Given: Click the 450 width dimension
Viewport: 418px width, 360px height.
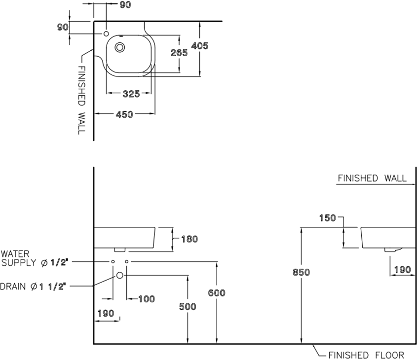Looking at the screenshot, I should pyautogui.click(x=124, y=114).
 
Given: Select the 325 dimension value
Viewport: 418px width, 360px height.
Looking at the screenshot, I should pyautogui.click(x=131, y=93).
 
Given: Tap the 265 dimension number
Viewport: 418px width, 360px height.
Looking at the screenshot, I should pyautogui.click(x=179, y=53).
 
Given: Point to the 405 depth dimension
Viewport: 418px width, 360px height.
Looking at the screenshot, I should pyautogui.click(x=199, y=46).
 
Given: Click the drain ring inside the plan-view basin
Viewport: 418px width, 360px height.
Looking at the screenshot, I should pyautogui.click(x=120, y=48).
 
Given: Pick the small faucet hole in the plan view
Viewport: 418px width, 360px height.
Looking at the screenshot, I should pyautogui.click(x=106, y=34).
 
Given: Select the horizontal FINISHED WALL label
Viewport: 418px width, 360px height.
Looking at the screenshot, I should pyautogui.click(x=372, y=178).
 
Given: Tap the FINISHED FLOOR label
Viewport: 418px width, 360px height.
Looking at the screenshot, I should pyautogui.click(x=366, y=355).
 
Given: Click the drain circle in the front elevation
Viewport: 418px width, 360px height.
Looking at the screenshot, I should pyautogui.click(x=119, y=275).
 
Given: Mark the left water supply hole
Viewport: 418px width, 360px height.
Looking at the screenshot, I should pyautogui.click(x=113, y=261).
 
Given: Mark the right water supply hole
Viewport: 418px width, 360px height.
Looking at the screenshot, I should pyautogui.click(x=127, y=261).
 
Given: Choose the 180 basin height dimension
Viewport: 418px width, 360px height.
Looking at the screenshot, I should pyautogui.click(x=189, y=239).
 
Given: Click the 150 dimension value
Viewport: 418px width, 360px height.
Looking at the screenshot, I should pyautogui.click(x=327, y=218).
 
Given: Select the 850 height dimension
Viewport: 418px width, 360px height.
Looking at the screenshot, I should pyautogui.click(x=301, y=272).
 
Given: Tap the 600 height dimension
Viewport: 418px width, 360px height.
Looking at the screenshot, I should pyautogui.click(x=217, y=293).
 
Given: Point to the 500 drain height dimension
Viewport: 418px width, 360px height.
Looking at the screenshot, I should pyautogui.click(x=188, y=307).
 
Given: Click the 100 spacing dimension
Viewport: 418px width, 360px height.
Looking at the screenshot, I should pyautogui.click(x=146, y=299).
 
